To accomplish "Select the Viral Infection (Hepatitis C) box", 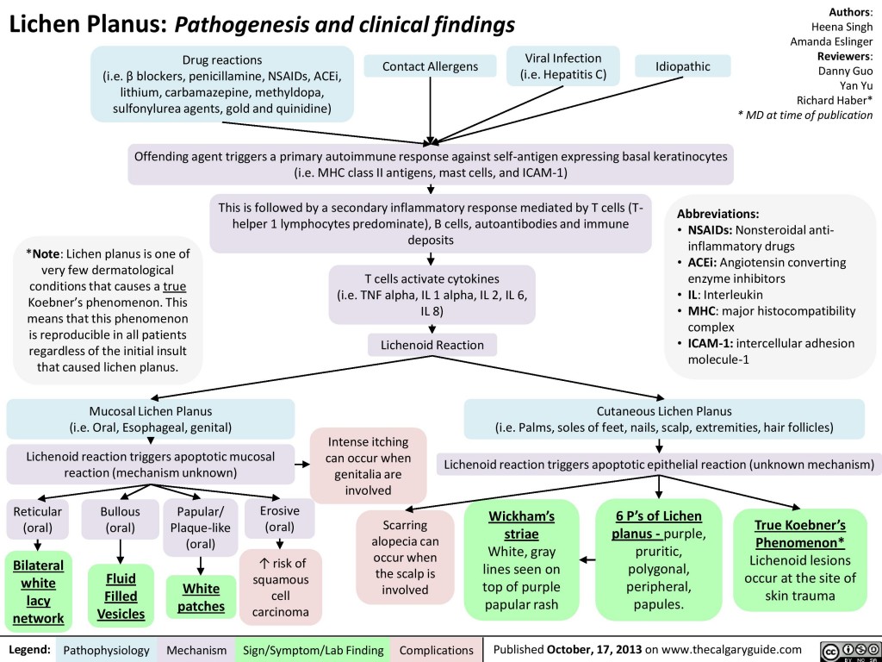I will coord(563,66).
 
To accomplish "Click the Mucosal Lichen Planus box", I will coord(151,418).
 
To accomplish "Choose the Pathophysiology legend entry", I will coord(107,649).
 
